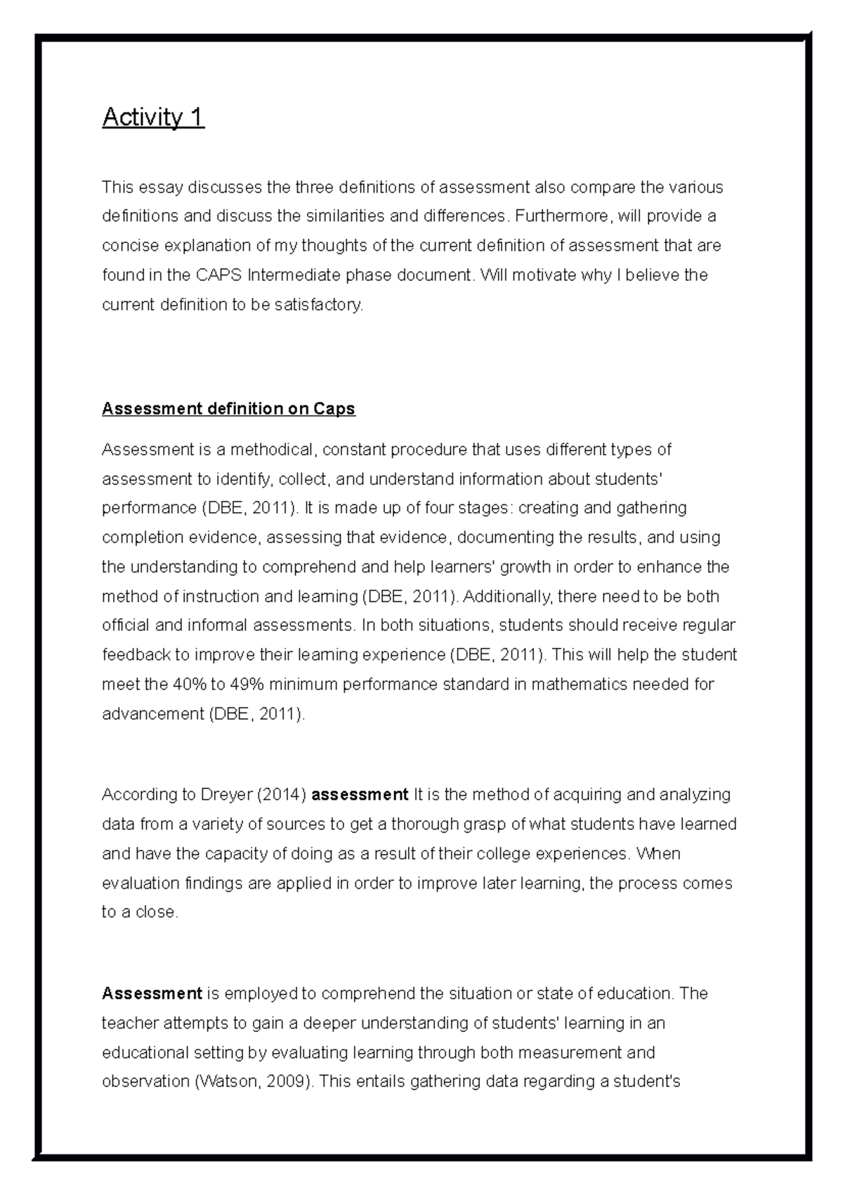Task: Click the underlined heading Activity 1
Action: pyautogui.click(x=153, y=117)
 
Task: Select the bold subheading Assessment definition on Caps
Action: pyautogui.click(x=228, y=409)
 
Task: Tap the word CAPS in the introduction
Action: pyautogui.click(x=218, y=275)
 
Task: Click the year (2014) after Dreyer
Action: pyautogui.click(x=281, y=795)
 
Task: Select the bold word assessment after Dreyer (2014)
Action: pyautogui.click(x=360, y=795)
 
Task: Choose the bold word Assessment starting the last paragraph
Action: pyautogui.click(x=152, y=993)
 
